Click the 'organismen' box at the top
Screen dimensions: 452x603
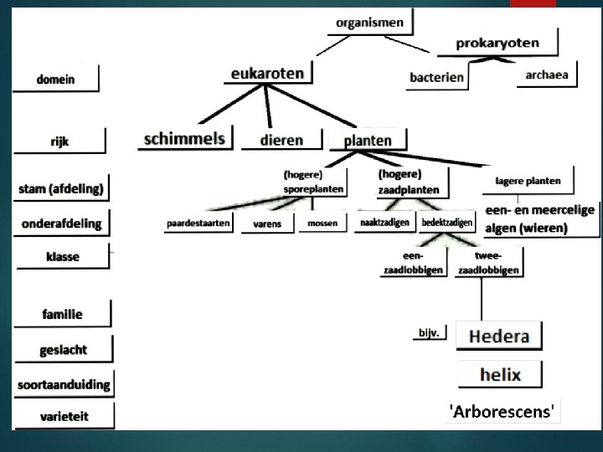click(369, 23)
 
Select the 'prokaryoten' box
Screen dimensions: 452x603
click(497, 44)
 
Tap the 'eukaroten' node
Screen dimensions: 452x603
click(267, 74)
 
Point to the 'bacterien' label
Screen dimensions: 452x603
click(436, 77)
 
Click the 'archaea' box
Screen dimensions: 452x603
click(546, 74)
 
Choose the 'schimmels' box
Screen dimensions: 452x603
click(185, 139)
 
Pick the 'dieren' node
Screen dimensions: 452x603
click(281, 140)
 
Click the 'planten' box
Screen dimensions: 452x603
click(367, 141)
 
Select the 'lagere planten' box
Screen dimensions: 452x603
click(528, 181)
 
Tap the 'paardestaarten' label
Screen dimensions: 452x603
click(198, 223)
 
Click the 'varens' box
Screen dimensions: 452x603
click(267, 224)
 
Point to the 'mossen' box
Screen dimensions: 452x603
click(322, 223)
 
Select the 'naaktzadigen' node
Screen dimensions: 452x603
click(384, 223)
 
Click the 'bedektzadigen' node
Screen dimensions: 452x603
click(446, 223)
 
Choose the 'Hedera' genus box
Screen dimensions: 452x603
click(499, 336)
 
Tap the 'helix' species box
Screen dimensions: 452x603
click(500, 374)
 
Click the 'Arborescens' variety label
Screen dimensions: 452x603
click(502, 411)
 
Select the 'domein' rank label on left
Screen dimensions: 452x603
click(56, 80)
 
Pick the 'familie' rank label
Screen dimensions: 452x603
click(63, 315)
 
